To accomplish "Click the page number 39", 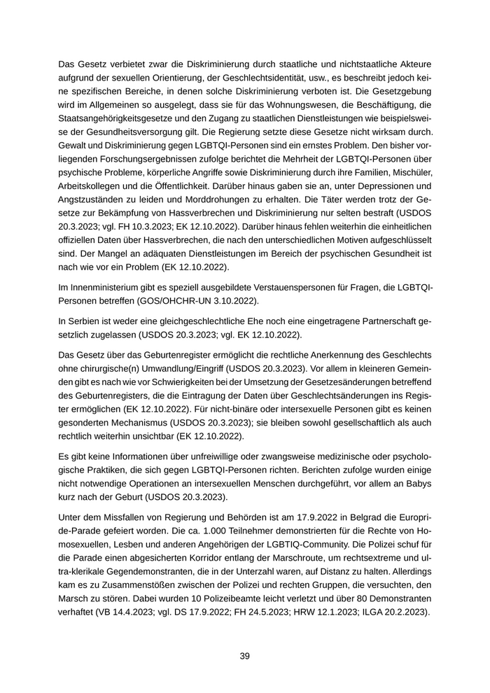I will (245, 656).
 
